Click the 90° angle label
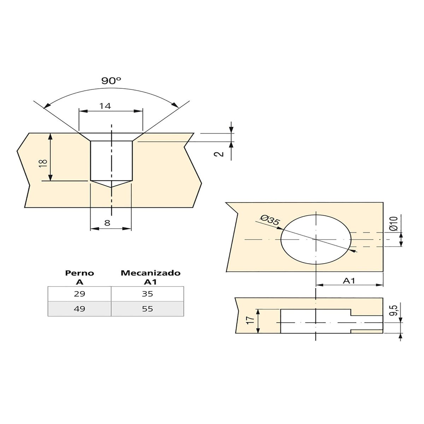tap(111, 81)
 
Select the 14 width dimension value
tap(105, 106)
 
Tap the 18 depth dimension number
tap(43, 163)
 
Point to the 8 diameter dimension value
tap(107, 223)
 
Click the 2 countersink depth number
tap(219, 154)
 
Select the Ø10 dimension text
tap(393, 224)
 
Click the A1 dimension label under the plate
tap(349, 281)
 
